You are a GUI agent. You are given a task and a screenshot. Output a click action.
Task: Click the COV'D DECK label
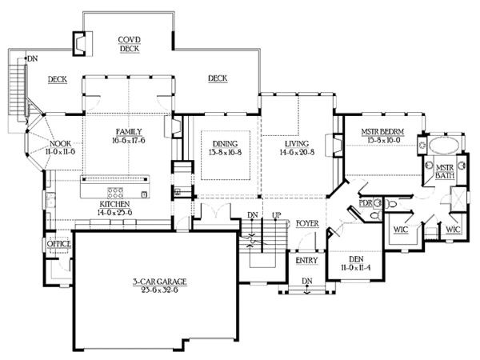(x=130, y=43)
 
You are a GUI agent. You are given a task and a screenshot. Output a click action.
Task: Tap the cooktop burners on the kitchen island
(x=116, y=193)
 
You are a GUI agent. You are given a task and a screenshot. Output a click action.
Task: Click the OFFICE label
(x=59, y=244)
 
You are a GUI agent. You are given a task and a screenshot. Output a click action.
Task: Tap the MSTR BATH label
(x=444, y=172)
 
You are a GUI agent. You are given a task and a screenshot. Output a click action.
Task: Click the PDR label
(x=367, y=203)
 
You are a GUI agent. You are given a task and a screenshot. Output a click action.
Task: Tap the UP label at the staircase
(x=277, y=216)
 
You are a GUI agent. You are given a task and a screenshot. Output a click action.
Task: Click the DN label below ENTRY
(x=306, y=281)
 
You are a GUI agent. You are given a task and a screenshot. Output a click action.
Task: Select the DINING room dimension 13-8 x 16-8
(x=226, y=149)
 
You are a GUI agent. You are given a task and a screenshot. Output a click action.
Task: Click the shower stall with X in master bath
(x=457, y=198)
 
